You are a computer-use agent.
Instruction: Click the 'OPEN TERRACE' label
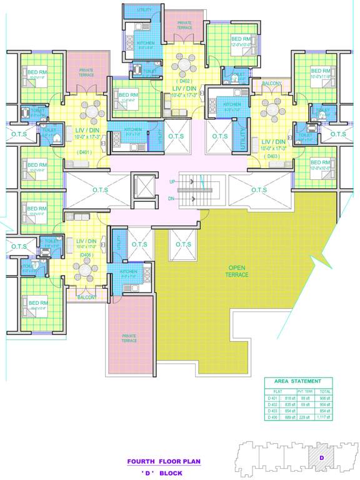coord(237,271)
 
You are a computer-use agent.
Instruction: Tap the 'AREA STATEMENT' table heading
coord(297,381)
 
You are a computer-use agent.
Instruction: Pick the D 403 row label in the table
coord(272,410)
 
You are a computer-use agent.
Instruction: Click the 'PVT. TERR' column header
coord(306,391)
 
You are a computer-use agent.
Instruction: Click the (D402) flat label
coord(185,81)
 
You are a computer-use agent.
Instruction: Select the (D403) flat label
coord(273,156)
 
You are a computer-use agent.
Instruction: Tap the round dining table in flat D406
coord(84,272)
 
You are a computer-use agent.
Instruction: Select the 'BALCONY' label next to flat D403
coord(272,83)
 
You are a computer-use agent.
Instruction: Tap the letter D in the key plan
coord(321,457)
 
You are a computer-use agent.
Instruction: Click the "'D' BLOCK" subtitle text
coord(162,473)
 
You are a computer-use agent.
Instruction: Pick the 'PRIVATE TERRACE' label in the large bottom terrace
coord(129,338)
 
